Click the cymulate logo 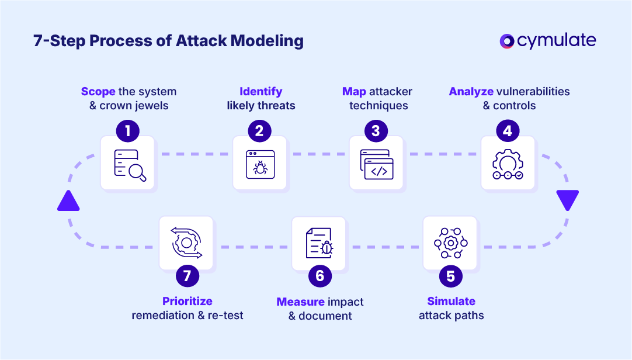[548, 41]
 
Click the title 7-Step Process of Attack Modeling [169, 41]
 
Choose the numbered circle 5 [450, 275]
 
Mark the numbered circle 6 [320, 275]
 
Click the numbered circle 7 [187, 275]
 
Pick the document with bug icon [320, 243]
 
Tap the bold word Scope [98, 92]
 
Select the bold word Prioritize [187, 302]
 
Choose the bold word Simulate [451, 302]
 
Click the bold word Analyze [471, 92]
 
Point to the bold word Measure [300, 302]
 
